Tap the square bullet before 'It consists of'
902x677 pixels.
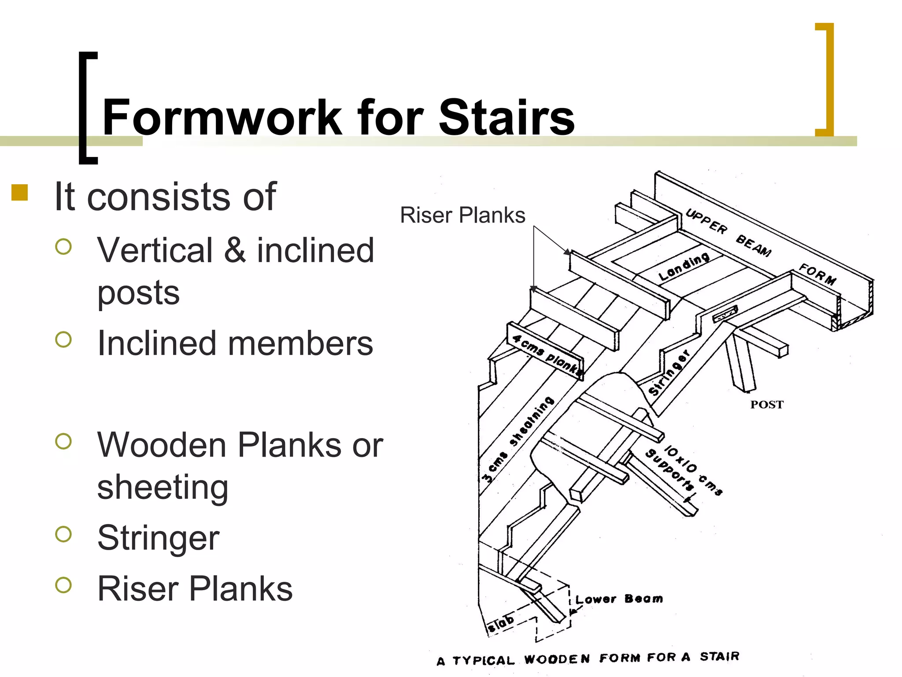pos(20,193)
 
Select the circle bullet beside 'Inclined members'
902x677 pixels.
pos(64,339)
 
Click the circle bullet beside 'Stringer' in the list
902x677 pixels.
pos(64,534)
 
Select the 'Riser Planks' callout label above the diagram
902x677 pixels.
pos(462,216)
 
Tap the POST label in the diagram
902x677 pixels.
pos(767,405)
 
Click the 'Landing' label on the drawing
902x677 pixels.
pos(684,267)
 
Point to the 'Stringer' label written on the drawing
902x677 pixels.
pos(669,373)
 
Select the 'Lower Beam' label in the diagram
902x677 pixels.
pos(619,599)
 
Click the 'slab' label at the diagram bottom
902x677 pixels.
pos(501,623)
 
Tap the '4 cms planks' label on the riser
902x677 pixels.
pos(547,354)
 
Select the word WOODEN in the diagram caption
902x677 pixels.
pos(557,659)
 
